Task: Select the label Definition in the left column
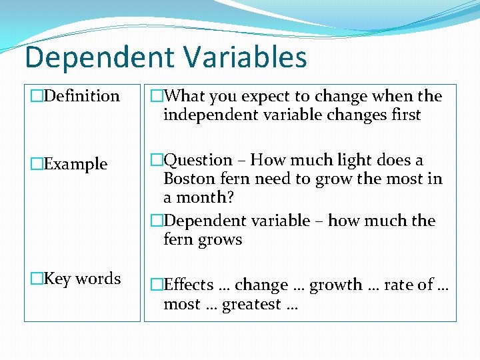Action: coord(81,96)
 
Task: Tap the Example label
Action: coord(75,164)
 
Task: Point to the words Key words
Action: coord(82,279)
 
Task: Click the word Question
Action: coord(198,161)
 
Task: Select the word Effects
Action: coord(189,285)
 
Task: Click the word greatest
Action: coord(252,305)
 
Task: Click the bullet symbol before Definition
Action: coord(37,96)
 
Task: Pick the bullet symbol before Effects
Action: coord(157,285)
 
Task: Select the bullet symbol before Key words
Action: coord(37,279)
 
